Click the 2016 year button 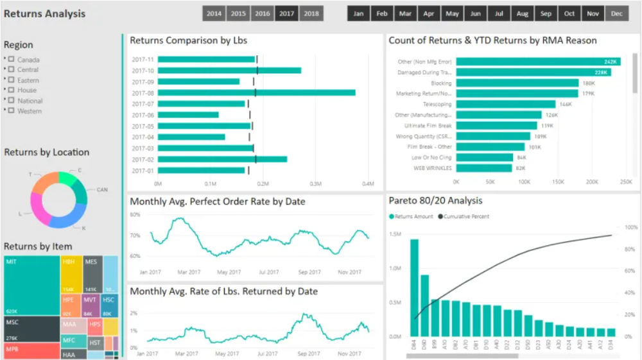pyautogui.click(x=262, y=13)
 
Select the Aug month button pyautogui.click(x=523, y=13)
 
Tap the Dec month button pyautogui.click(x=617, y=13)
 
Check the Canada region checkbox pyautogui.click(x=11, y=60)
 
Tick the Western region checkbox pyautogui.click(x=11, y=111)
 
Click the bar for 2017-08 pyautogui.click(x=256, y=92)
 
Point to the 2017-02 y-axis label pyautogui.click(x=143, y=159)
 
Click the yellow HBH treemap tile pyautogui.click(x=71, y=275)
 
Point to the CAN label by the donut pyautogui.click(x=102, y=190)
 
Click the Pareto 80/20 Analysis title pyautogui.click(x=435, y=200)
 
